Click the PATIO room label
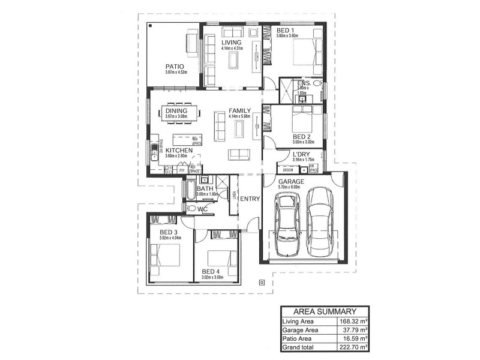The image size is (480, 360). click(x=175, y=66)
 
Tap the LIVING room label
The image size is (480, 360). click(x=231, y=43)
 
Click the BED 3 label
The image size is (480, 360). click(x=169, y=232)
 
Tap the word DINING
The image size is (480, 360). click(x=176, y=111)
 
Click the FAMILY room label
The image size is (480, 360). click(x=239, y=111)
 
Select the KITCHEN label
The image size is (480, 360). click(x=179, y=150)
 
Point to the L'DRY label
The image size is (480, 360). click(x=301, y=154)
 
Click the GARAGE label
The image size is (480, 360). click(x=291, y=181)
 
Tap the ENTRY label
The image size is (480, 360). click(x=250, y=199)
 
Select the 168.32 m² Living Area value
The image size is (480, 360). click(x=351, y=321)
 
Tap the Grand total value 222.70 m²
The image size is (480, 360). click(x=351, y=346)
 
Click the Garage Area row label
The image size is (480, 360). click(x=301, y=329)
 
